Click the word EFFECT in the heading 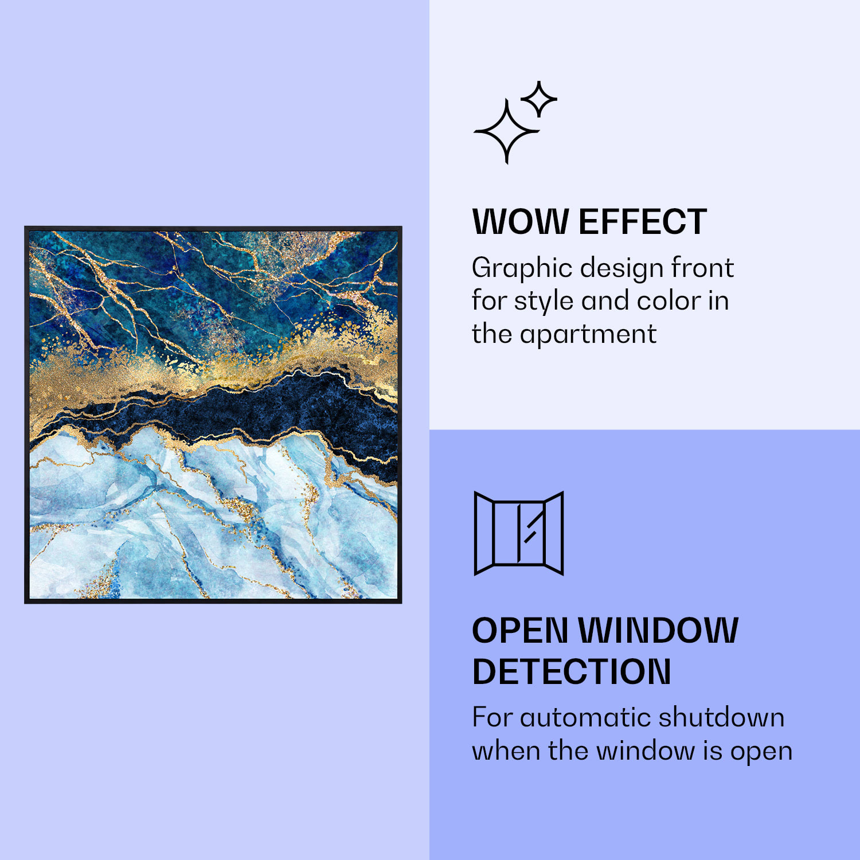[643, 222]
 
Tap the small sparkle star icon [538, 99]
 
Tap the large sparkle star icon [506, 132]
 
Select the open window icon [519, 533]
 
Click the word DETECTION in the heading [571, 671]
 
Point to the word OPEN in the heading [519, 631]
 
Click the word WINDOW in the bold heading [658, 631]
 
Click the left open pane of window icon [484, 533]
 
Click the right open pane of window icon [554, 533]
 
